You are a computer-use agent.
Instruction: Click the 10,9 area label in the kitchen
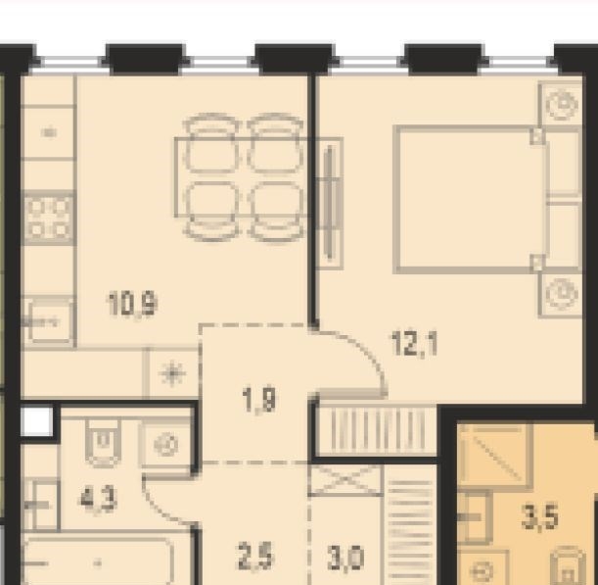coord(133,304)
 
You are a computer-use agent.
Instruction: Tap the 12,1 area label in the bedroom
coord(415,344)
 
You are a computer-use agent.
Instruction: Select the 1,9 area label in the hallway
coord(259,400)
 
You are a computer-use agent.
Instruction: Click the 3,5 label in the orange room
coord(539,517)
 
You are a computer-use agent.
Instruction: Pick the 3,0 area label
coord(345,559)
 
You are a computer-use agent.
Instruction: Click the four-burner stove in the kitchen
coord(48,219)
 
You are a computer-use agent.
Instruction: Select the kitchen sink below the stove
coord(48,321)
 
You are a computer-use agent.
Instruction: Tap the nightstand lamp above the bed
coord(561,104)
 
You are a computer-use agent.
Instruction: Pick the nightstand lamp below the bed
coord(561,295)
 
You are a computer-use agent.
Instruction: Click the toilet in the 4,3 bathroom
coord(102,442)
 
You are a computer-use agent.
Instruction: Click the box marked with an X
coord(345,479)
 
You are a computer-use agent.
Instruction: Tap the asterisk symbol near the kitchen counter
coord(172,373)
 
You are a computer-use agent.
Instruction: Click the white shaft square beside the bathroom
coord(37,421)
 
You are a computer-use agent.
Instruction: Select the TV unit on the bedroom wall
coord(330,203)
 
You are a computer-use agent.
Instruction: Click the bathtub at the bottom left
coord(97,561)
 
